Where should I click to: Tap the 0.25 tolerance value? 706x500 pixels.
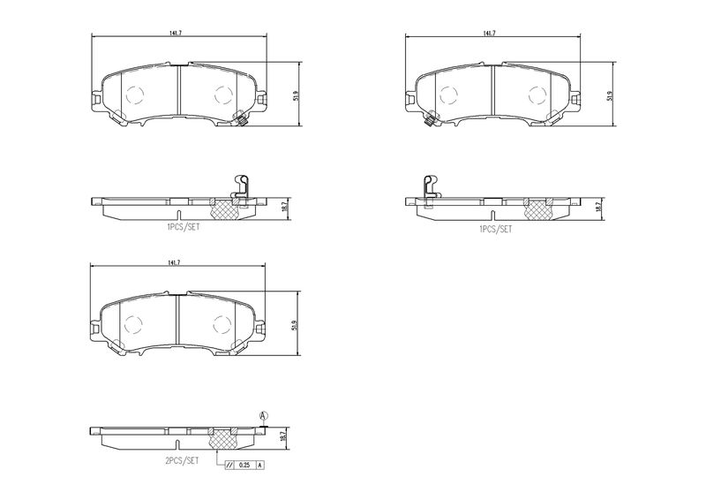point(244,465)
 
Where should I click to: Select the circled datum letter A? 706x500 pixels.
point(262,415)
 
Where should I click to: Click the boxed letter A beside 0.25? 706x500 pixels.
point(260,465)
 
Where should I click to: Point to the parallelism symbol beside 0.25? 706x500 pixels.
point(228,465)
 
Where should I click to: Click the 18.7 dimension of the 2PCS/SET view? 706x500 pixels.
point(282,436)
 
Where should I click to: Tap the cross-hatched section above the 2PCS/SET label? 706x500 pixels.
point(224,439)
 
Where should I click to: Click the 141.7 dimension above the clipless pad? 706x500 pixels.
point(173,262)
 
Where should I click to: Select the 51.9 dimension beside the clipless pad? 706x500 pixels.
point(295,324)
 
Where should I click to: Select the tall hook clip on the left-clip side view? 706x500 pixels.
point(428,187)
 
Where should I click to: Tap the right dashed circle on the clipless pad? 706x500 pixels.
point(222,323)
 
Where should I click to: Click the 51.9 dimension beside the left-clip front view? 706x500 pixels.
point(609,95)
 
